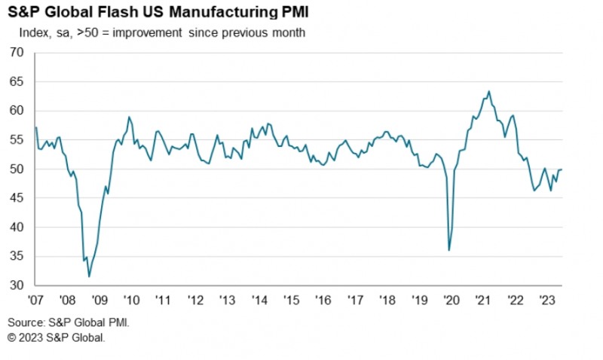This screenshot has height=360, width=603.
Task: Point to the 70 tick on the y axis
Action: [x=17, y=53]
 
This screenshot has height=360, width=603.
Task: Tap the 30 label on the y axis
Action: [x=17, y=285]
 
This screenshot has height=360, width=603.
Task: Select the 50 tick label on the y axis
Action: [x=17, y=169]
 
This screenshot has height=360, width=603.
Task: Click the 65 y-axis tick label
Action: [x=17, y=82]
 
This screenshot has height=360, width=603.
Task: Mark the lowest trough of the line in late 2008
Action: [x=89, y=276]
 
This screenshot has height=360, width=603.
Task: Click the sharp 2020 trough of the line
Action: [x=449, y=250]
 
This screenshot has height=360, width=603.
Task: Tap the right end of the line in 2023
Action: [x=562, y=169]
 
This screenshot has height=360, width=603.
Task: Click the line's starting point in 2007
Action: [x=35, y=127]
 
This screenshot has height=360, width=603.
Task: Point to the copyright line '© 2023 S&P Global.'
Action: [x=57, y=337]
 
